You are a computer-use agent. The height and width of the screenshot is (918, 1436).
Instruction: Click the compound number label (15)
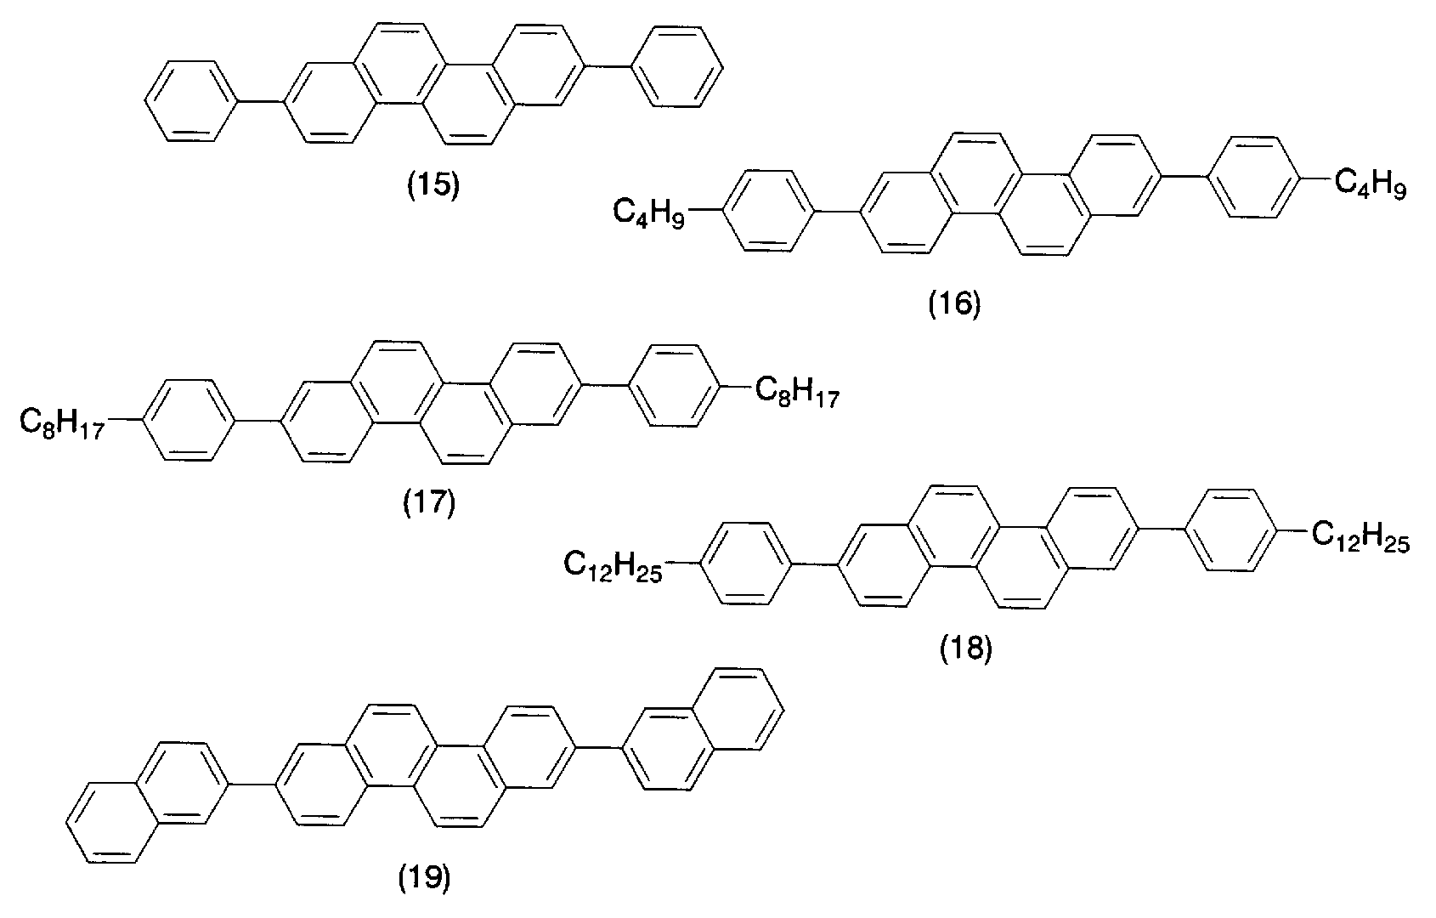(434, 185)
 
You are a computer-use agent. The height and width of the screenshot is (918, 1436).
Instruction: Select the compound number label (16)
(954, 303)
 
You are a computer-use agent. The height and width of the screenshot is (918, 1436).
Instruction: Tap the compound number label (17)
(429, 502)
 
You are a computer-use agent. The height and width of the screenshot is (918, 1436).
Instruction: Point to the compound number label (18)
(965, 649)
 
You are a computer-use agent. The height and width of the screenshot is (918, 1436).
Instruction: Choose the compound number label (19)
(424, 877)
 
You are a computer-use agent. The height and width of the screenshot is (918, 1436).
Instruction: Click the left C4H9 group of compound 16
(649, 212)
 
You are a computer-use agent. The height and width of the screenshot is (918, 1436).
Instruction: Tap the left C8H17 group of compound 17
(61, 423)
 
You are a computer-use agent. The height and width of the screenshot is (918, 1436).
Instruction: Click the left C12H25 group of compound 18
(613, 566)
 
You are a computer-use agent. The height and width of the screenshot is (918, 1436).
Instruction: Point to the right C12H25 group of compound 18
(1360, 536)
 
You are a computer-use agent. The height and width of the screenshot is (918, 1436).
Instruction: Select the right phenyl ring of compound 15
(677, 66)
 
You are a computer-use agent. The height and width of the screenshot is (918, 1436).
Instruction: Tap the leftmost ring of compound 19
(112, 823)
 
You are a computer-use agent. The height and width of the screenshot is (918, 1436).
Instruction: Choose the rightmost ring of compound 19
(738, 709)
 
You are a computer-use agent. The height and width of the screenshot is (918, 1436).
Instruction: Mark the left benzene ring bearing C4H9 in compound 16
(768, 211)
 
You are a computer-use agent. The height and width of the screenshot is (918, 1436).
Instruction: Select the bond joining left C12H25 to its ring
(683, 564)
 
